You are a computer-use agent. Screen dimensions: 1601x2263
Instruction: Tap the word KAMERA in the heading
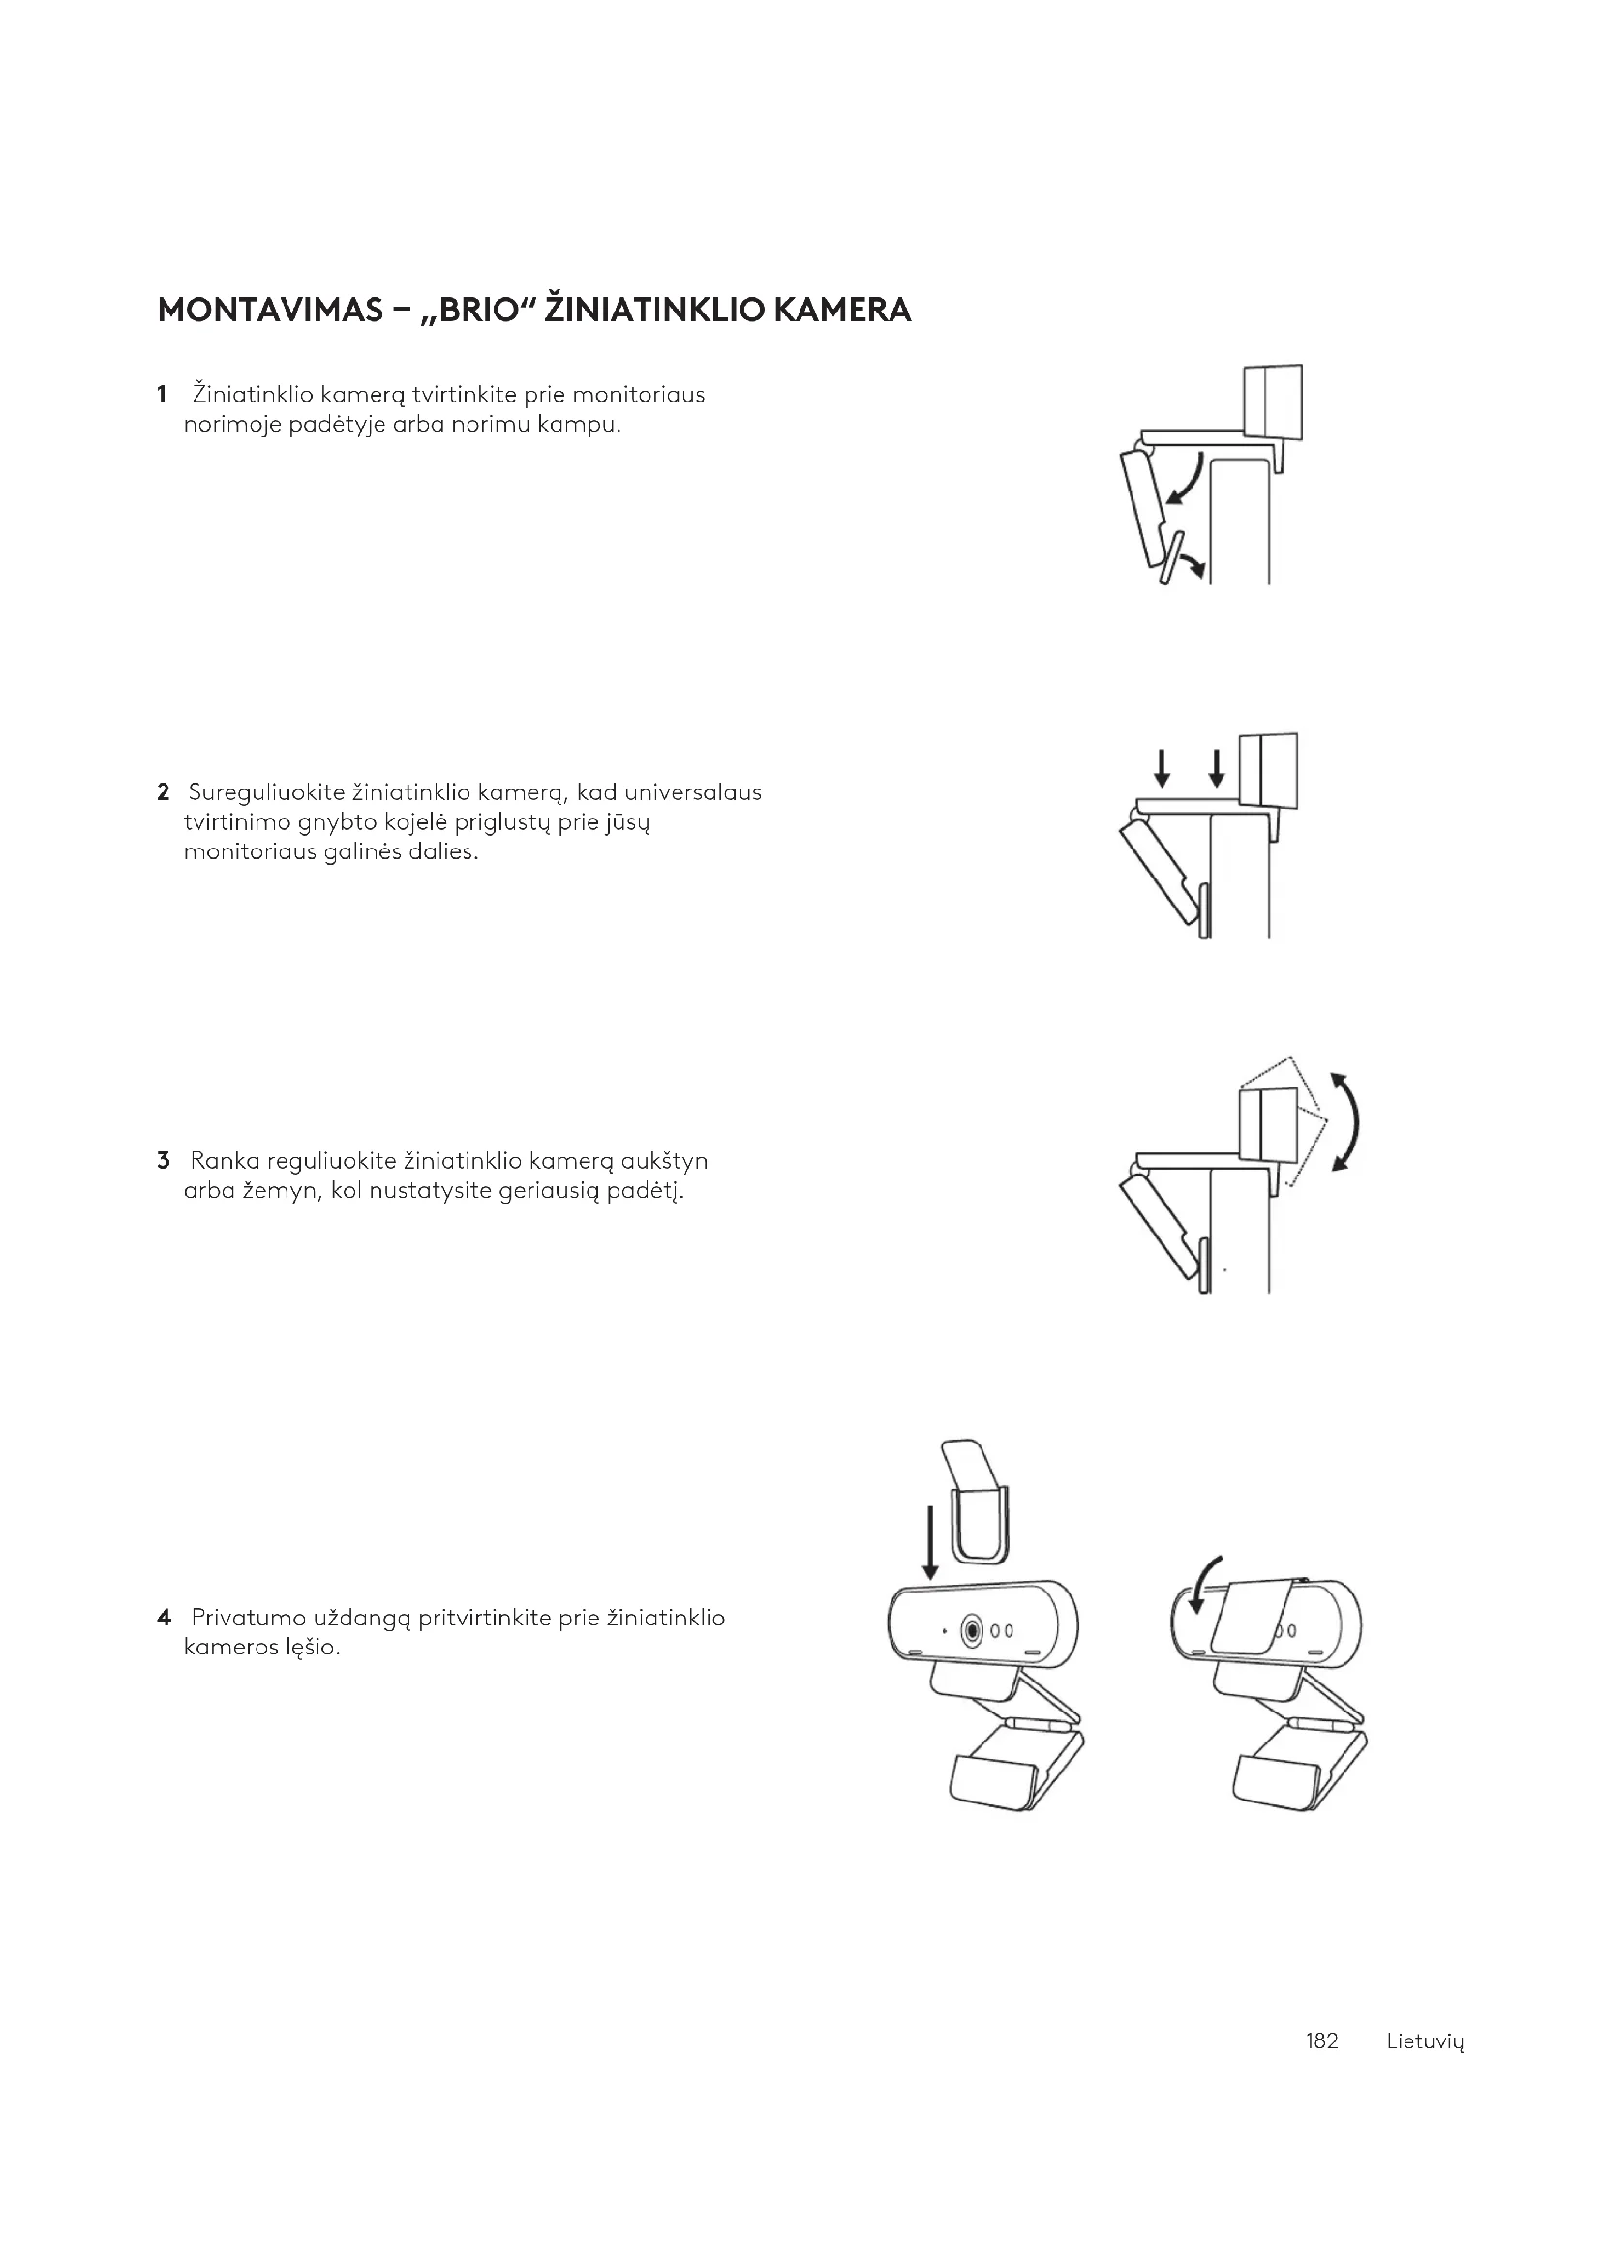(x=842, y=311)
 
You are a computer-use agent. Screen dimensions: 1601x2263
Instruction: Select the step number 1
(x=161, y=396)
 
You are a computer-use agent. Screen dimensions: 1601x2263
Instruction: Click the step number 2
(x=163, y=792)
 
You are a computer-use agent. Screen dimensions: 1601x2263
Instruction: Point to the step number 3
(x=163, y=1160)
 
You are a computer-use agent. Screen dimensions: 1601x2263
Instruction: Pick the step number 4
(x=164, y=1618)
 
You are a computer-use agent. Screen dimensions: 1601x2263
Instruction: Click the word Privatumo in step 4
(x=249, y=1618)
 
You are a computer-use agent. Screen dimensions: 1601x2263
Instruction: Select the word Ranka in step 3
(x=224, y=1160)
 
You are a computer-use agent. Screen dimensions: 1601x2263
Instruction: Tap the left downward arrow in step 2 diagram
(x=1163, y=768)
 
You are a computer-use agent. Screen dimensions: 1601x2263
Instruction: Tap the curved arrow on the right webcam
(x=1205, y=1584)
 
